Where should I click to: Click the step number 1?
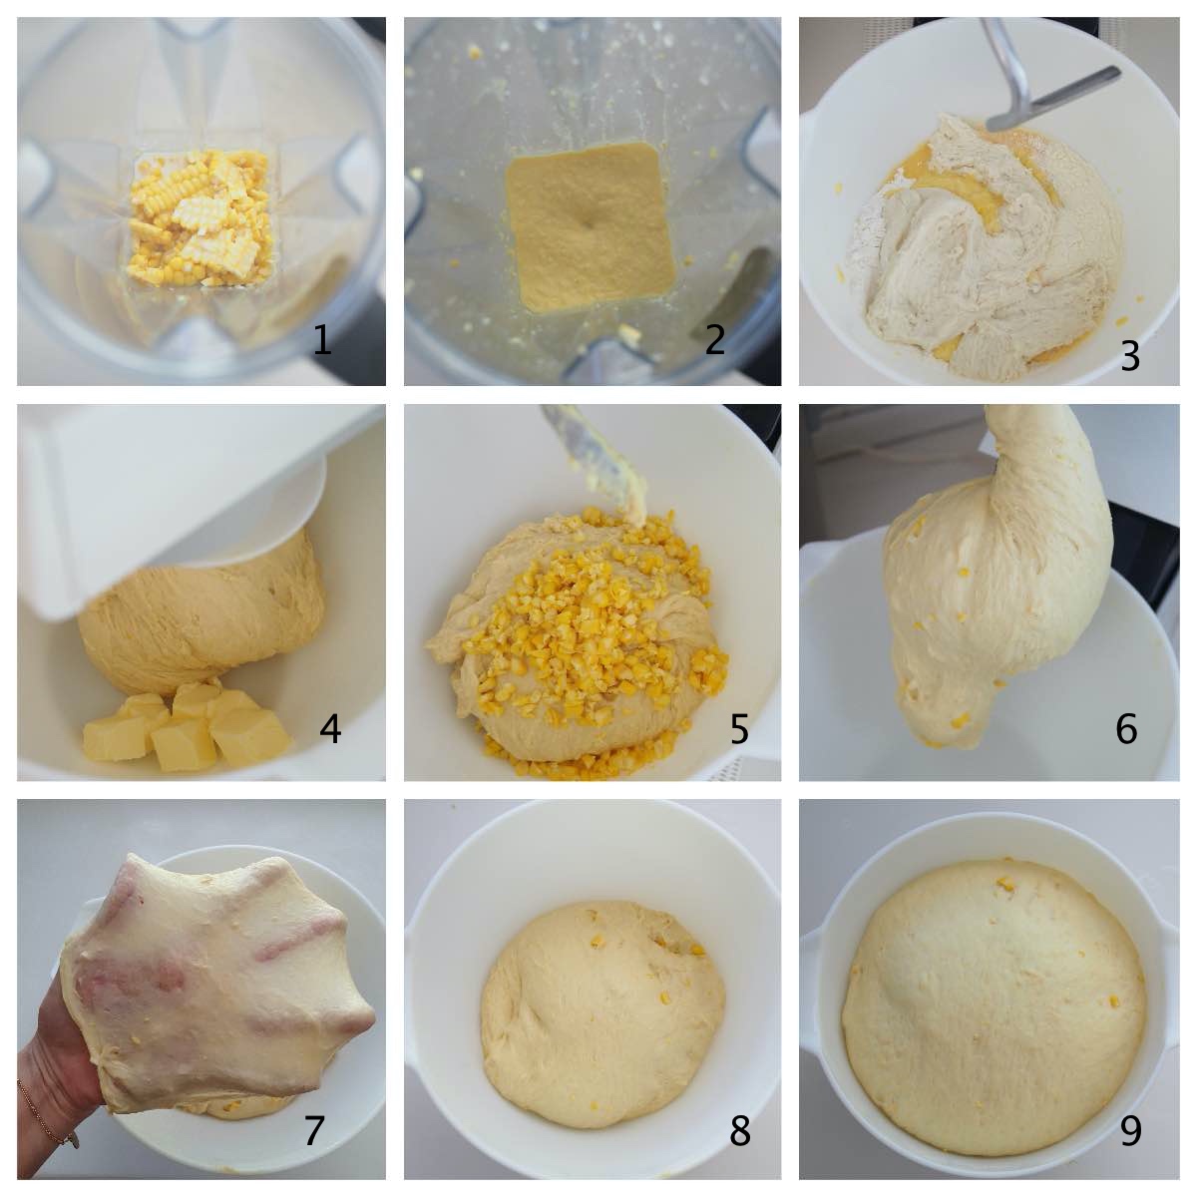click(x=322, y=340)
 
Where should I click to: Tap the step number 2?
click(x=715, y=340)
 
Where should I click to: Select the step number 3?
click(x=1130, y=356)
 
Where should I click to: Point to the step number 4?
click(x=330, y=728)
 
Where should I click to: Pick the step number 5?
click(x=738, y=728)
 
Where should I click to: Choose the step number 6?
click(x=1126, y=728)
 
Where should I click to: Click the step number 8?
click(x=740, y=1114)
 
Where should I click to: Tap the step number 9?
click(x=1130, y=1114)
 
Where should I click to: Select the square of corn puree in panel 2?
click(x=591, y=226)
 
